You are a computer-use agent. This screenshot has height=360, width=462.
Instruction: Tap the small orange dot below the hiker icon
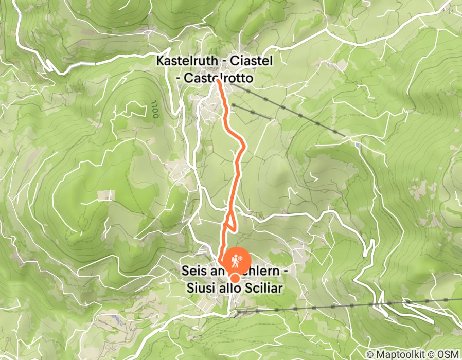pos(235,278)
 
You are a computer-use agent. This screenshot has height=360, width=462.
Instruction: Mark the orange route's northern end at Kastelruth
pos(219,81)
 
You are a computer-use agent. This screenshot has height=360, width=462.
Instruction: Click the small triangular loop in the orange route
pos(230,220)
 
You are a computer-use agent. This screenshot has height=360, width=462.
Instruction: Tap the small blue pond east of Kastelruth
pos(357,145)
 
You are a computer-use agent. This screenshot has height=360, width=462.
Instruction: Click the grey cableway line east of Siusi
pos(350,306)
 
